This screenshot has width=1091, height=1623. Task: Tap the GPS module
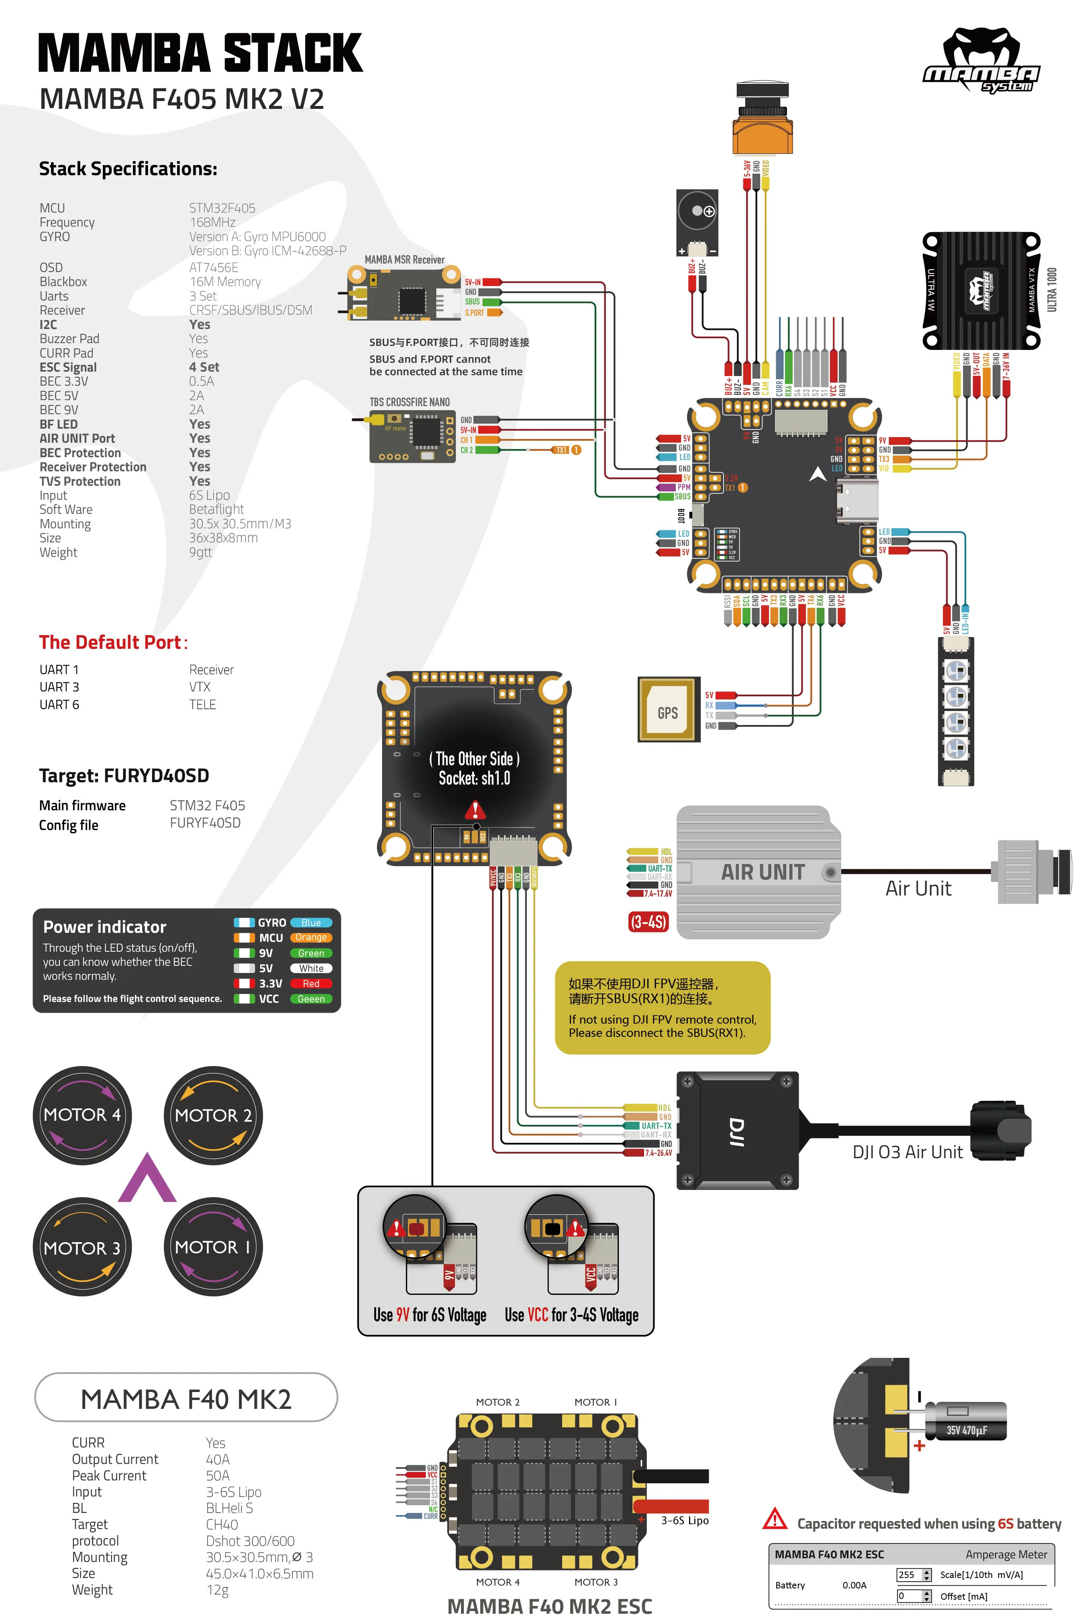[x=667, y=710]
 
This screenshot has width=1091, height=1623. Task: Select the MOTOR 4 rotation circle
[x=82, y=1115]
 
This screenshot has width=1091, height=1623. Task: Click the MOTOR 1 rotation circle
[x=213, y=1247]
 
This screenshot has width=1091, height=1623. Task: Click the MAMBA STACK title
[x=200, y=53]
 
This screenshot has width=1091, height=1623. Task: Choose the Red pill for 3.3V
[x=311, y=983]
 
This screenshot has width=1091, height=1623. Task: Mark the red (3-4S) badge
[x=648, y=922]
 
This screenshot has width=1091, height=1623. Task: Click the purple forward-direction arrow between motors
[x=147, y=1179]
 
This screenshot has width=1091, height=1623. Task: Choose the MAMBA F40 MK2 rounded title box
[x=186, y=1398]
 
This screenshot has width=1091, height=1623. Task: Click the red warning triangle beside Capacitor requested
[x=775, y=1519]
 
